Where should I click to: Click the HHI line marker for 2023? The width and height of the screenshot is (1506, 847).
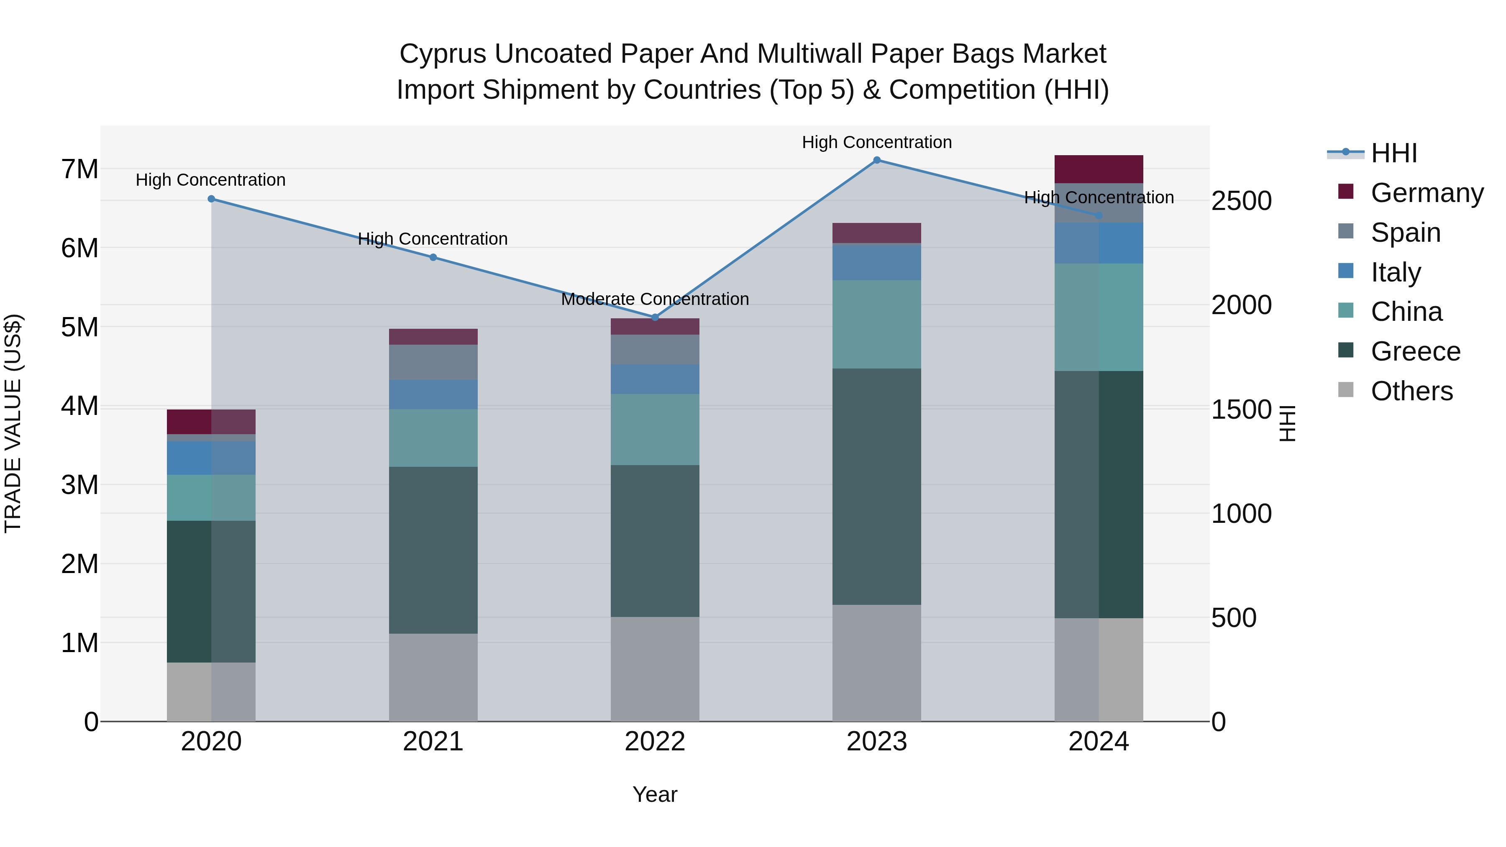coord(876,160)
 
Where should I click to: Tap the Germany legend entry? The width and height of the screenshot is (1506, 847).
coord(1427,193)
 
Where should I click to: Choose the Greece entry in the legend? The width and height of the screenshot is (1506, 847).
coord(1415,351)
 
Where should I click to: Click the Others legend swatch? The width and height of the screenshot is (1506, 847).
coord(1346,390)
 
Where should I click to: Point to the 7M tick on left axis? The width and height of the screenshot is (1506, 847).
coord(79,169)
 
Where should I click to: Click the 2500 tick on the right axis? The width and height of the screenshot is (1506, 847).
coord(1241,200)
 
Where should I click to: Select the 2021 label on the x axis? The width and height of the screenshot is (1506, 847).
coord(433,742)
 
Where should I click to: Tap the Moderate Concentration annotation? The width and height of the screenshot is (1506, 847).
coord(655,299)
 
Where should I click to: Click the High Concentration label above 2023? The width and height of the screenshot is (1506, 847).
coord(876,143)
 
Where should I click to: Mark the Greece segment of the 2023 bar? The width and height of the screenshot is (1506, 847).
coord(876,486)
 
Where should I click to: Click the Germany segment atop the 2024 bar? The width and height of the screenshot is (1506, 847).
coord(1098,169)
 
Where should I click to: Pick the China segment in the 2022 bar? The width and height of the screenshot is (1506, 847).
coord(655,430)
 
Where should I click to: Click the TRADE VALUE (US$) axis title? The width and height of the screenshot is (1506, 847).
coord(13,423)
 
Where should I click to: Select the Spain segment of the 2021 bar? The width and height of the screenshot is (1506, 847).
coord(433,362)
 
